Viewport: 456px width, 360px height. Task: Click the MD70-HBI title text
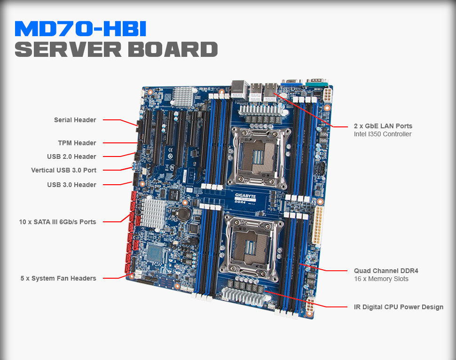click(80, 29)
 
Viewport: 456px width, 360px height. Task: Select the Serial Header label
click(75, 120)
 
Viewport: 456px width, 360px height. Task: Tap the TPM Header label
click(77, 143)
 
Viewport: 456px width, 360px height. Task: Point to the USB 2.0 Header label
click(71, 157)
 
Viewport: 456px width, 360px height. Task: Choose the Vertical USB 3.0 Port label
click(63, 170)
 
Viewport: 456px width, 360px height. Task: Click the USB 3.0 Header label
click(71, 185)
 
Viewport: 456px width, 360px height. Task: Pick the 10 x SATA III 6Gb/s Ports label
click(58, 222)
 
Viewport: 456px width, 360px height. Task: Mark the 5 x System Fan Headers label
click(58, 278)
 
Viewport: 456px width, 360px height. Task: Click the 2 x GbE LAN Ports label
click(383, 126)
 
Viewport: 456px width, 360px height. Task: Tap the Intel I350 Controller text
click(383, 134)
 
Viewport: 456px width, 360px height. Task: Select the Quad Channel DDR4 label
click(386, 271)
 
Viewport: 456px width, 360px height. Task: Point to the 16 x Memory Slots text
click(381, 279)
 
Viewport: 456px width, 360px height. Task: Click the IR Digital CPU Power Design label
click(399, 307)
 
